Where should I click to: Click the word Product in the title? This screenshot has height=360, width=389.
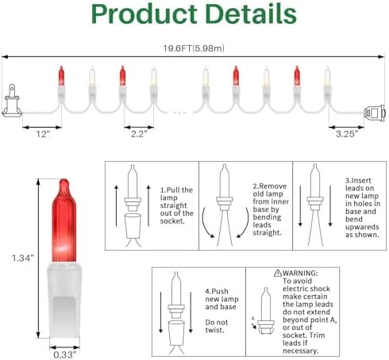(144, 14)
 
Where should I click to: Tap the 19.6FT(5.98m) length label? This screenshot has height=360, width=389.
(194, 48)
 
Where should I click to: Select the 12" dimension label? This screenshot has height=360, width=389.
(43, 134)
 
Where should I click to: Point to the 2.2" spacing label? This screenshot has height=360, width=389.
(139, 134)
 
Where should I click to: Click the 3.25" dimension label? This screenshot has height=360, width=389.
(347, 134)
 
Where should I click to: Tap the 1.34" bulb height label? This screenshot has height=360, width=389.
(23, 258)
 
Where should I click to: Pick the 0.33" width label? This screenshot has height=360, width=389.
(64, 354)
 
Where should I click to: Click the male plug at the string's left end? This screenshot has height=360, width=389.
(12, 101)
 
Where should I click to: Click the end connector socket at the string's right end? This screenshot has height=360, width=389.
(375, 113)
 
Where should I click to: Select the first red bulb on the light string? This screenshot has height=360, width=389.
(61, 75)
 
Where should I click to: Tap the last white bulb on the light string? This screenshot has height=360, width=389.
(327, 75)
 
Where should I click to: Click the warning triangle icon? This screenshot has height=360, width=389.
(278, 273)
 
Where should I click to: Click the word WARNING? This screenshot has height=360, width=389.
(300, 273)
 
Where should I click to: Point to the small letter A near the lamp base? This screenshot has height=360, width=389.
(252, 318)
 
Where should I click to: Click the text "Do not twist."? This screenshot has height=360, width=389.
(217, 326)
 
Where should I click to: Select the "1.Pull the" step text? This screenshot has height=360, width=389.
(176, 190)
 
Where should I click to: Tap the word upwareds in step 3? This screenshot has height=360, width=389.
(362, 227)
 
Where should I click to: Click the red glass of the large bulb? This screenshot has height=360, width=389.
(64, 220)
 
